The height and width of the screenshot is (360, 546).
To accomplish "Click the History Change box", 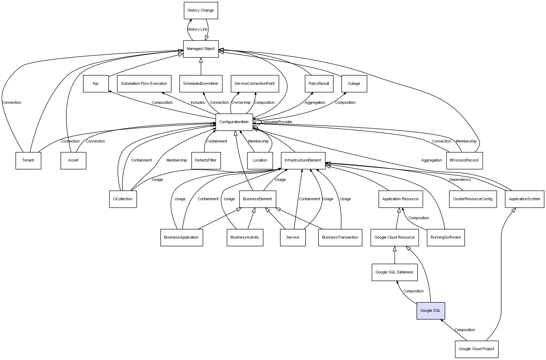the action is [x=201, y=11].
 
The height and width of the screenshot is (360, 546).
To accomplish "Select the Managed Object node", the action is [x=201, y=49].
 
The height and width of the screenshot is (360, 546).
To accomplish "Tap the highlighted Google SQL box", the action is [x=431, y=311].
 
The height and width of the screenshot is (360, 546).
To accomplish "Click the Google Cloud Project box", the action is [x=477, y=349].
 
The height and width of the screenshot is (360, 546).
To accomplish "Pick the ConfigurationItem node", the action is [x=234, y=122].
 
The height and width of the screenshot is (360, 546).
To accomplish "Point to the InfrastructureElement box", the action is [x=303, y=160].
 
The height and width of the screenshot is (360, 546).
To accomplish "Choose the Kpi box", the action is [x=96, y=84].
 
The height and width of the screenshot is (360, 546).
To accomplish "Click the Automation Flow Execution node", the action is [x=144, y=84].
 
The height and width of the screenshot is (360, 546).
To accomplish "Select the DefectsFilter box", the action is [x=206, y=160].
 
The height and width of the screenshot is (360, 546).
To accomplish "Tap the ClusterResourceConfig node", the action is [x=473, y=199].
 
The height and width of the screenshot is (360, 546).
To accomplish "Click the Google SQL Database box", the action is [x=395, y=272].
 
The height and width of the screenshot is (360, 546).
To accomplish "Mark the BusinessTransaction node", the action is [x=340, y=238].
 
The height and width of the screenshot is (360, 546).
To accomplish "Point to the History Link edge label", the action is [x=197, y=30].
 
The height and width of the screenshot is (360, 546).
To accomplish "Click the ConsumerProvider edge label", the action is [x=277, y=122].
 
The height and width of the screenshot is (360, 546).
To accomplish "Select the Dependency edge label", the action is [x=460, y=180].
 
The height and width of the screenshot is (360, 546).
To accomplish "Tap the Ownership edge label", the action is [x=241, y=103].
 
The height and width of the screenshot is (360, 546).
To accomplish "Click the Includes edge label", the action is [x=198, y=103].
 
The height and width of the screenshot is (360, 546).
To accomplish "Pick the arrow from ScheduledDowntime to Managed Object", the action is [x=201, y=67].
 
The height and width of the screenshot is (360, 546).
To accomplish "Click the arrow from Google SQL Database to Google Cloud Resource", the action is [x=395, y=255].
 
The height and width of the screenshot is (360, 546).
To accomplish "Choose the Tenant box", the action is [x=28, y=160].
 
